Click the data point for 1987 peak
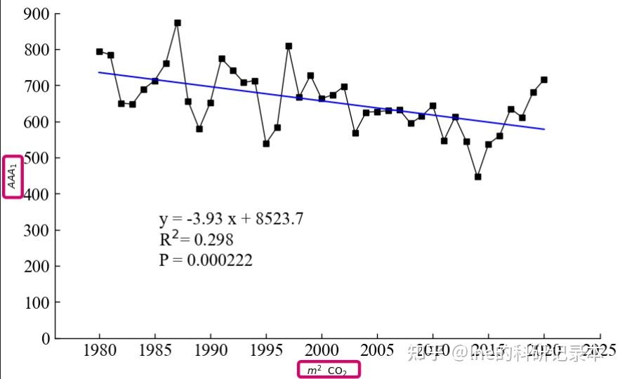178,22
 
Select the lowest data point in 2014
477,177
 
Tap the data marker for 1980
100,51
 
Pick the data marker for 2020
544,80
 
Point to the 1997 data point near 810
289,46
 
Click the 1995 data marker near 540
266,143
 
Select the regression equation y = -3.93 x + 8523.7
231,218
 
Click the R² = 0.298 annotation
196,239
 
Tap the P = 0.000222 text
206,260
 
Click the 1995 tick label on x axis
266,350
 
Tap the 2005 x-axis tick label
377,350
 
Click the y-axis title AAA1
13,176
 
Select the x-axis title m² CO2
329,370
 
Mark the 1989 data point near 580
199,129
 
